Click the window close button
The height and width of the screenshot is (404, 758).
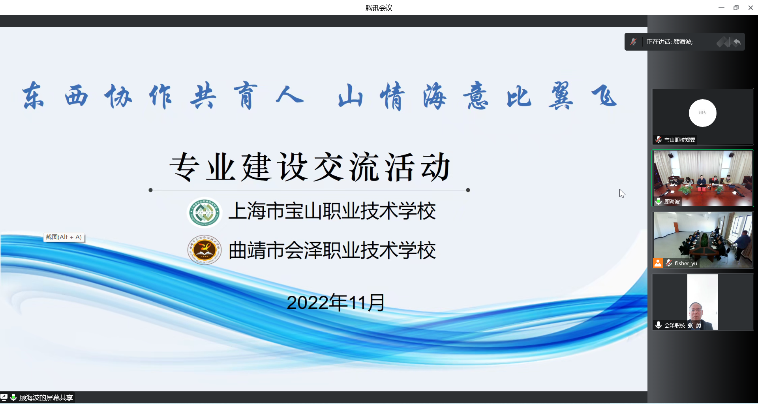(x=750, y=8)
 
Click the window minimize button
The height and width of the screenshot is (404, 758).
(x=721, y=8)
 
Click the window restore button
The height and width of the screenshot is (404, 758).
(x=736, y=8)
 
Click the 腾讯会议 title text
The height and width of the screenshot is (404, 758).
(x=379, y=8)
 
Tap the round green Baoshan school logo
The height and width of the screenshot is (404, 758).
(x=204, y=212)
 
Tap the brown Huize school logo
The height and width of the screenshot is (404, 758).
(x=204, y=250)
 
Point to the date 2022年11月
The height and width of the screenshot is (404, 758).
(x=336, y=303)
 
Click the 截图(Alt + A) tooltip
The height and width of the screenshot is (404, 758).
(x=64, y=237)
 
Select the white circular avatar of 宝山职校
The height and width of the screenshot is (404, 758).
(x=702, y=113)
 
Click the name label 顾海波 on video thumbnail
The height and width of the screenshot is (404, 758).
(x=672, y=202)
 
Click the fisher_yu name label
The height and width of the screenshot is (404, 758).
(x=686, y=263)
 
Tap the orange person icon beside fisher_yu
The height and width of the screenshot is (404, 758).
(x=658, y=263)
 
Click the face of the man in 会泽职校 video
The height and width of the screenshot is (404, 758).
(x=696, y=311)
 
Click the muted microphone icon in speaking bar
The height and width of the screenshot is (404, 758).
(x=634, y=42)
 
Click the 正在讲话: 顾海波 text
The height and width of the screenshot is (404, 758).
(x=670, y=42)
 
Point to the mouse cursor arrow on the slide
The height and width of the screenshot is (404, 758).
(x=622, y=193)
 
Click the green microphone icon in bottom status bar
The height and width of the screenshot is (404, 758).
(x=13, y=397)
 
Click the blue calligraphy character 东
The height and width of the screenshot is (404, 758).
(x=33, y=96)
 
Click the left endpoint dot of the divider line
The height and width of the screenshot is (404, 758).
(x=150, y=190)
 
